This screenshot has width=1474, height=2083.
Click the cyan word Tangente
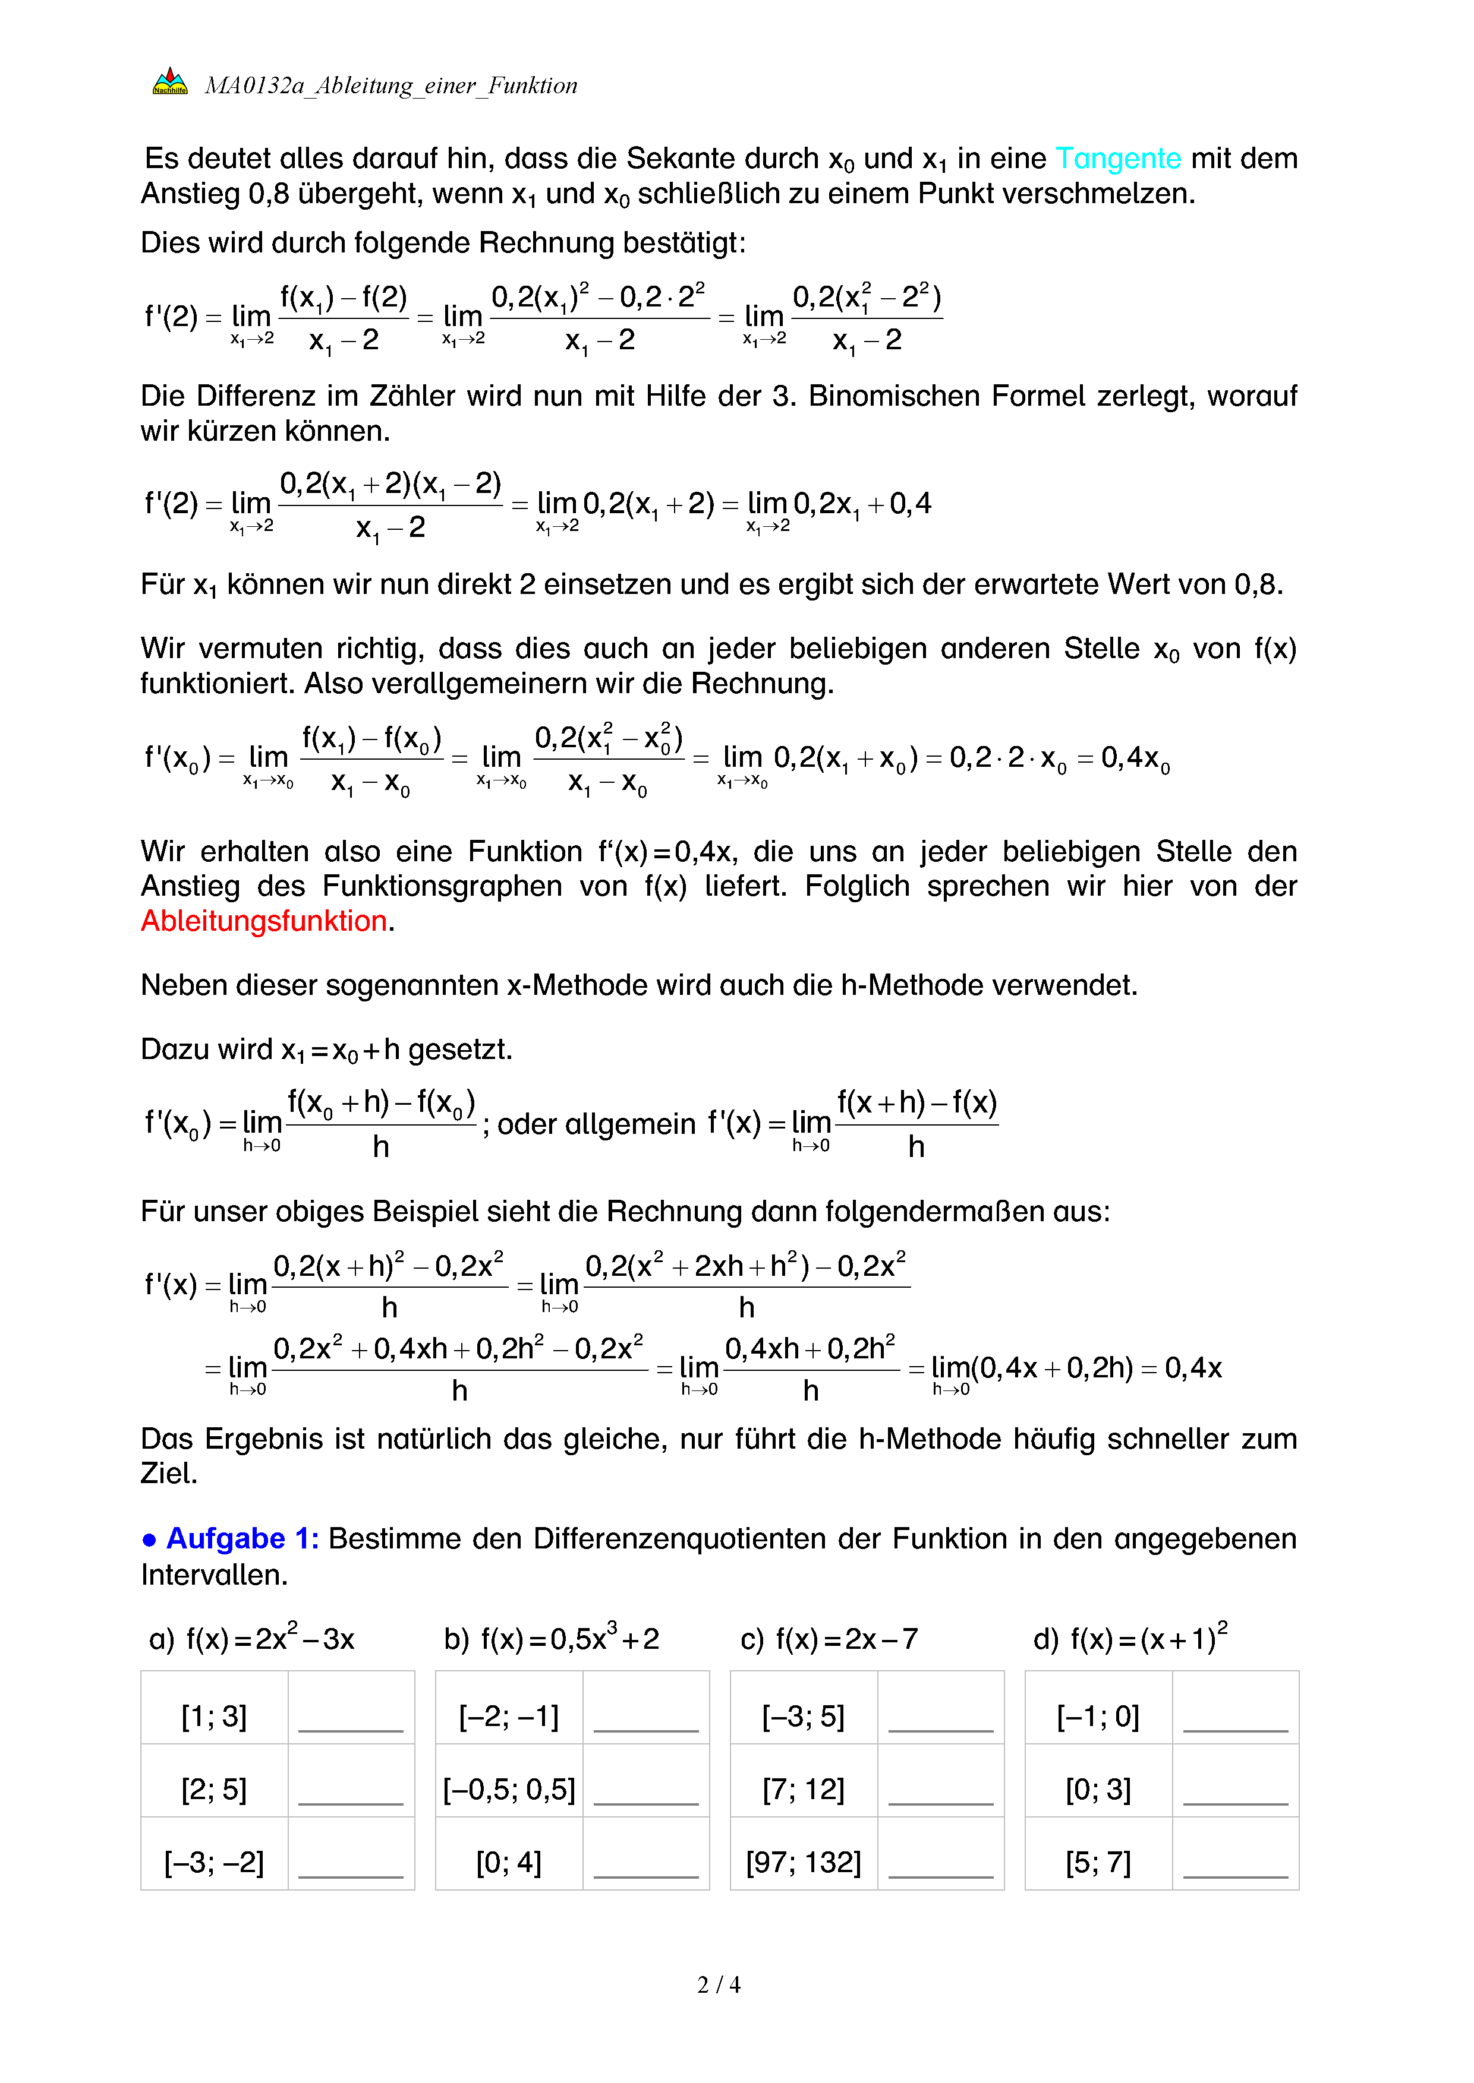(1117, 159)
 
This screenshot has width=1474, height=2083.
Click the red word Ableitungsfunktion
(264, 921)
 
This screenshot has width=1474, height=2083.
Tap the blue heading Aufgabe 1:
(241, 1539)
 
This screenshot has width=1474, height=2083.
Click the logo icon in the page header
(170, 83)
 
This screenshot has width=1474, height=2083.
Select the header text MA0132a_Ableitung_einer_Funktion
(390, 86)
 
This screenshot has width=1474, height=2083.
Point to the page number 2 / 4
(718, 1985)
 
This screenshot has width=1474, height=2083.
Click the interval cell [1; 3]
(214, 1717)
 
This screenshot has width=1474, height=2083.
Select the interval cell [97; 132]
(803, 1863)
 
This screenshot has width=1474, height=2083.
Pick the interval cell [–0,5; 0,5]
(508, 1789)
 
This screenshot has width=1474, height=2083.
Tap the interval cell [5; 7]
(1098, 1863)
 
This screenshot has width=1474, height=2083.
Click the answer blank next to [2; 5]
(350, 1792)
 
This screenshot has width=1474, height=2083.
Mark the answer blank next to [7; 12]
(940, 1792)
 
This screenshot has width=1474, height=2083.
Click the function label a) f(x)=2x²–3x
(251, 1639)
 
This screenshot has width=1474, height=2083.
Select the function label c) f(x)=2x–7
(829, 1639)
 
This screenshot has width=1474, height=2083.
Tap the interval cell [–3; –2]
(214, 1863)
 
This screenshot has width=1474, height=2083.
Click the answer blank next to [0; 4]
(645, 1865)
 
